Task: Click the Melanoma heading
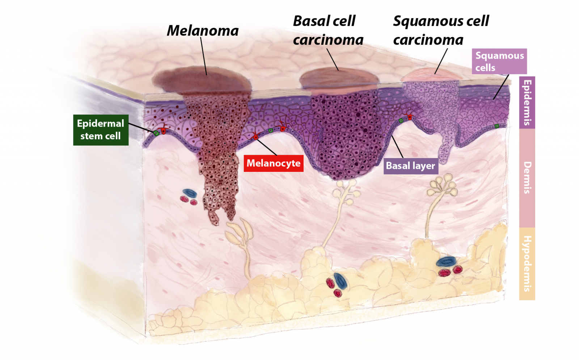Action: click(x=203, y=31)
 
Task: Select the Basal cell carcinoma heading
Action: click(x=328, y=30)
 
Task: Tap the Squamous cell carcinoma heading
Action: click(x=440, y=30)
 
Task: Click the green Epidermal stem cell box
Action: click(x=101, y=130)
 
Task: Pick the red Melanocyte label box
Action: click(x=273, y=163)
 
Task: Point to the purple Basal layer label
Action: click(x=410, y=166)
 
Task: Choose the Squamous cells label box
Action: click(x=499, y=62)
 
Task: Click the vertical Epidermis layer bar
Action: click(x=527, y=102)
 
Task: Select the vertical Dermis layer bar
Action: click(x=527, y=178)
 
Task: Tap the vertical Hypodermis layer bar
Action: click(x=527, y=263)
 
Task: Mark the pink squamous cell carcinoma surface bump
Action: click(x=429, y=75)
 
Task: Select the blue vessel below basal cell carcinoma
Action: click(x=340, y=281)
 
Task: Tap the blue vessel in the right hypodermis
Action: click(x=446, y=261)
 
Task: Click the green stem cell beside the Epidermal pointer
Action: click(x=156, y=133)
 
